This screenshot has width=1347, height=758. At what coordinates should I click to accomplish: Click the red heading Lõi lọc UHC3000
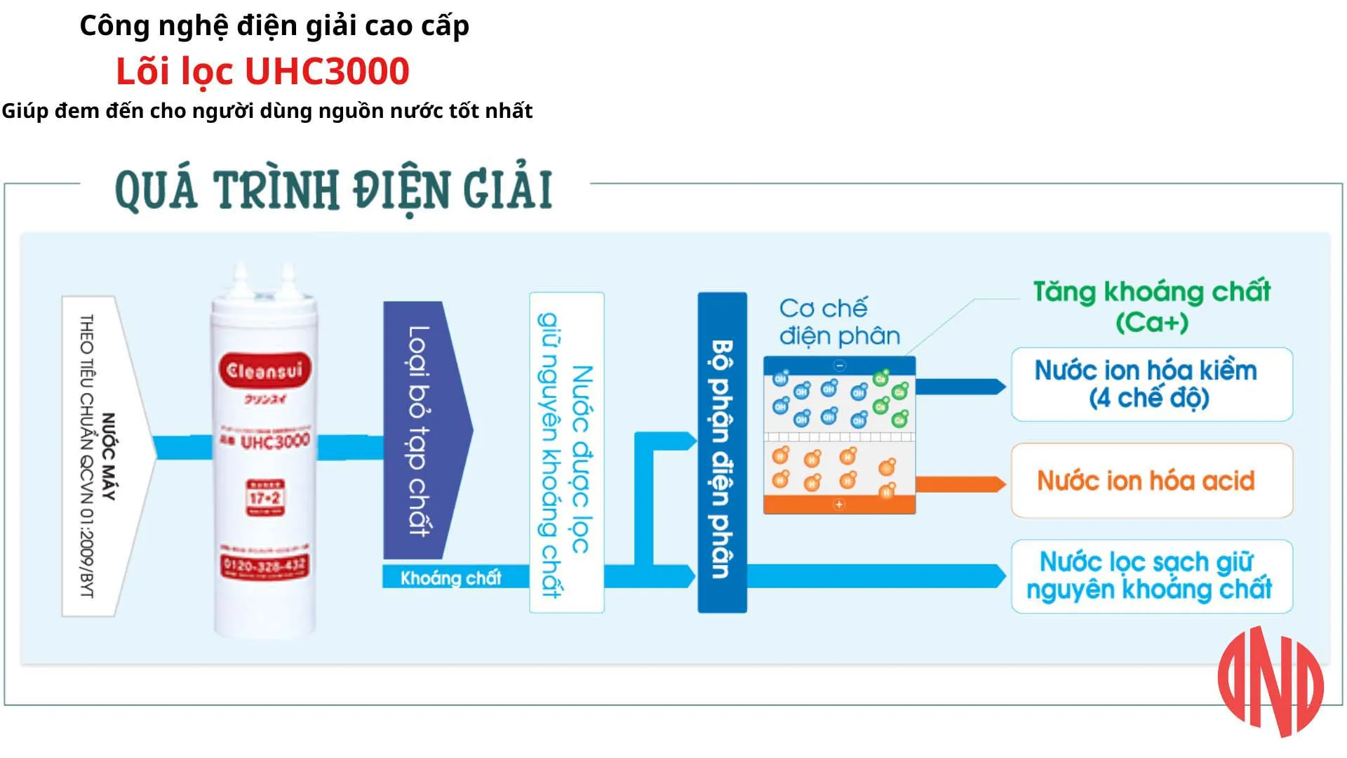(262, 72)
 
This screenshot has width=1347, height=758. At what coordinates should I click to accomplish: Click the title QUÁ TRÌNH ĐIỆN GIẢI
(334, 189)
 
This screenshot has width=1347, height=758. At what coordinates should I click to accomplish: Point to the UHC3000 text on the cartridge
(274, 441)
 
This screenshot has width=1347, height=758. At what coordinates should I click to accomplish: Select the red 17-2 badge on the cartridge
(264, 498)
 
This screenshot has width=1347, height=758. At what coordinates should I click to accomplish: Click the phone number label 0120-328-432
(264, 565)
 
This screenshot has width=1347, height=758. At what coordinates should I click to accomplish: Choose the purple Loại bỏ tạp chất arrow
(421, 430)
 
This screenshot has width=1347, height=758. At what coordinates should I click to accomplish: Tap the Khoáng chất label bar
(451, 578)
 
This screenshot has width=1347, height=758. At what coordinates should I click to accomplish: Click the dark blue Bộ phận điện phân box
(722, 453)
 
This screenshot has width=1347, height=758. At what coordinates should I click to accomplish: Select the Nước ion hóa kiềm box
(1151, 385)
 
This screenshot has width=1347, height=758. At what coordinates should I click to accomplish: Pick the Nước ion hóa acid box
(1151, 481)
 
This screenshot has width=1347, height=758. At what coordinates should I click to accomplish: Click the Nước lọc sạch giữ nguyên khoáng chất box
(1151, 576)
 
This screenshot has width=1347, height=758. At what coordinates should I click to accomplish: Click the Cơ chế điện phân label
(838, 322)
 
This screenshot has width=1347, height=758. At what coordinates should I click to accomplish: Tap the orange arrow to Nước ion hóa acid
(960, 484)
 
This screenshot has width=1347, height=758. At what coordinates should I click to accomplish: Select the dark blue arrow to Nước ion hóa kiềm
(960, 387)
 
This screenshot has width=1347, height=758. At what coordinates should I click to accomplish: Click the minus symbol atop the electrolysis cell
(840, 366)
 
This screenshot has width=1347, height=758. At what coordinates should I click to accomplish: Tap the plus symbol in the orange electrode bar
(839, 505)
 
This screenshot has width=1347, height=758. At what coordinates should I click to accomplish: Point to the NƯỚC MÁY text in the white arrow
(108, 456)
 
